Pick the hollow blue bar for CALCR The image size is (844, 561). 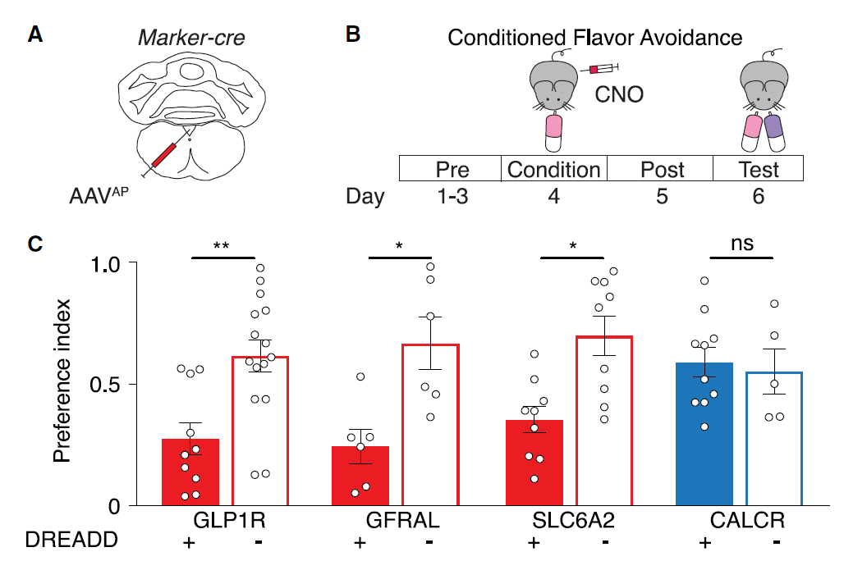[773, 439]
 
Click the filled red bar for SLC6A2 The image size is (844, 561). [534, 463]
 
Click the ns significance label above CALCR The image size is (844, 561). [741, 244]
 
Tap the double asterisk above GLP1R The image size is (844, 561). [221, 246]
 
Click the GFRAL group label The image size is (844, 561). [395, 520]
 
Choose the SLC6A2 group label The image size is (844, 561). [567, 520]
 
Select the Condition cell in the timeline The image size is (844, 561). [553, 170]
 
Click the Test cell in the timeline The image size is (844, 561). [757, 170]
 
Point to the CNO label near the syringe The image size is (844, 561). [618, 95]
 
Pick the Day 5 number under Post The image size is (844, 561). [662, 198]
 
